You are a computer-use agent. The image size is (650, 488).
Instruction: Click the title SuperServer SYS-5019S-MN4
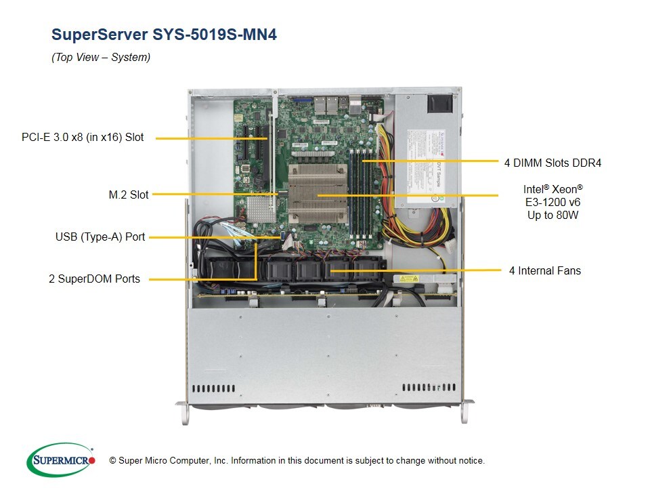click(x=164, y=35)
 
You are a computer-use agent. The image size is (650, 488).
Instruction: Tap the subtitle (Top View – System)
click(x=101, y=58)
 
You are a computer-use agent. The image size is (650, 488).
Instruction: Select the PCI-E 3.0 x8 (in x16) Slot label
click(x=83, y=137)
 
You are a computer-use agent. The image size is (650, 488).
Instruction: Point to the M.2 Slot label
click(x=129, y=195)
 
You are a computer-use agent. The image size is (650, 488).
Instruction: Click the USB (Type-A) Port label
click(x=100, y=237)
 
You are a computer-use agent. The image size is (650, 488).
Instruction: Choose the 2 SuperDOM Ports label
click(x=94, y=279)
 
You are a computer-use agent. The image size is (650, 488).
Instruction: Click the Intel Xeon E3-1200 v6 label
click(x=552, y=202)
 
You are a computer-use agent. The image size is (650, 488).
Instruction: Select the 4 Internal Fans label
click(x=545, y=270)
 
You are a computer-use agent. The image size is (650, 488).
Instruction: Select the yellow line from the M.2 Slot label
click(x=217, y=195)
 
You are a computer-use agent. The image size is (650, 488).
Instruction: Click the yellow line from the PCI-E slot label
click(x=203, y=138)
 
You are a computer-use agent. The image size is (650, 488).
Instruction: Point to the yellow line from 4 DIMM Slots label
click(x=433, y=161)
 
